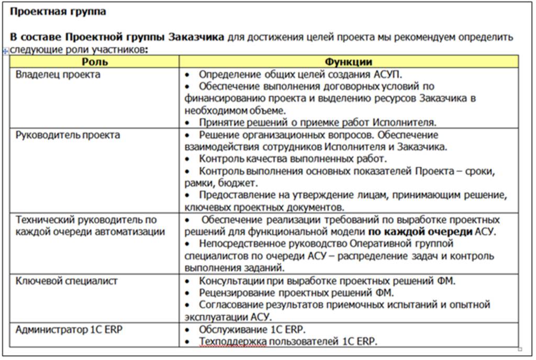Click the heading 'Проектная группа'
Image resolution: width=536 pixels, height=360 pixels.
(58, 11)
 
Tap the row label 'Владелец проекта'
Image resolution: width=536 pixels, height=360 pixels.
(58, 74)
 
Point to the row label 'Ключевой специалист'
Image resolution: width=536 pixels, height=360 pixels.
(66, 280)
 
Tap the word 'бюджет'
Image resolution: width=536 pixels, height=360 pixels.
(238, 183)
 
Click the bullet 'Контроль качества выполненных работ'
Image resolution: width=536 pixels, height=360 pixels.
(293, 159)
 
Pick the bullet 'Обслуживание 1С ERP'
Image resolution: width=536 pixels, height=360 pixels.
(252, 330)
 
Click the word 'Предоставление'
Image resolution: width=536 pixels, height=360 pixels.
(239, 195)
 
